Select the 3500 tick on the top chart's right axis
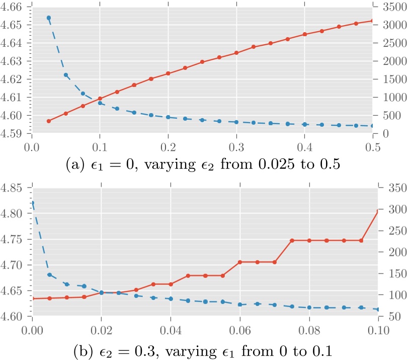(391, 7)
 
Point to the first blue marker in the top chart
(49, 18)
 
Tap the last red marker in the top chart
(372, 21)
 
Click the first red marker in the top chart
(49, 121)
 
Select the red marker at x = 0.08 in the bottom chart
(309, 240)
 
